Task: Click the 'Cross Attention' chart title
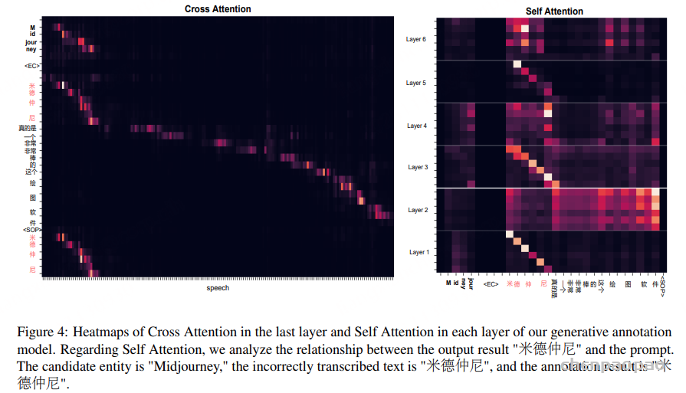[x=218, y=9]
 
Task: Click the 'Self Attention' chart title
[x=554, y=11]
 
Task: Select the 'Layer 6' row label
[x=416, y=39]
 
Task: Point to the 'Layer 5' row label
[x=416, y=83]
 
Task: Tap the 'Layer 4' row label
[x=416, y=125]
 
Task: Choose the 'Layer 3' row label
[x=416, y=167]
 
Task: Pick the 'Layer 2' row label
[x=416, y=210]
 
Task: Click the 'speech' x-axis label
[x=218, y=288]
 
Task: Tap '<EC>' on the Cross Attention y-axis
[x=32, y=66]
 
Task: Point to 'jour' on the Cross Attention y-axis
[x=31, y=41]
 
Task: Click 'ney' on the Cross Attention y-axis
[x=31, y=49]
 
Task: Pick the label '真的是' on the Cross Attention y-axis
[x=28, y=128]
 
